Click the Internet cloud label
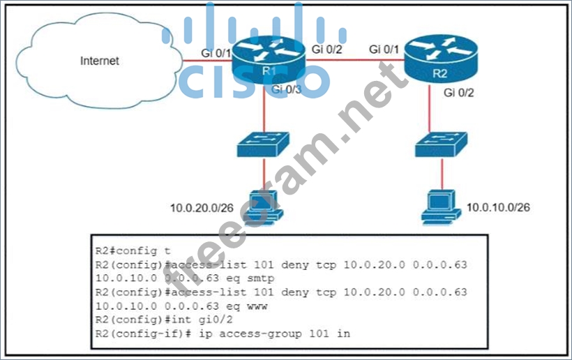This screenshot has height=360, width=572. pyautogui.click(x=100, y=61)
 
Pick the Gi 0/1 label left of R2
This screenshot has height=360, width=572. pyautogui.click(x=384, y=49)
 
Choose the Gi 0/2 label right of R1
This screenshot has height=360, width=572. pyautogui.click(x=327, y=49)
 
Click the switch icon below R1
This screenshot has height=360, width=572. pyautogui.click(x=263, y=144)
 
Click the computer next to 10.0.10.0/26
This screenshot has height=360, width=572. pyautogui.click(x=442, y=202)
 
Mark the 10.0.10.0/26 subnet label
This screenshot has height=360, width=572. pyautogui.click(x=502, y=207)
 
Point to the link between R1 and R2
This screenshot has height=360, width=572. pyautogui.click(x=359, y=61)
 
